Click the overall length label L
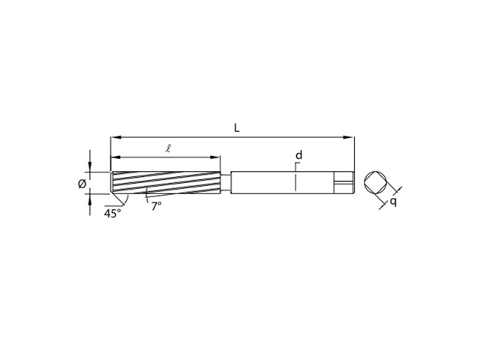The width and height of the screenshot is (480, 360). pos(237,128)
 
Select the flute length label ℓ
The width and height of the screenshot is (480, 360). pos(168,148)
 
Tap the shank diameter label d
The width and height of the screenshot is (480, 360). pos(298,155)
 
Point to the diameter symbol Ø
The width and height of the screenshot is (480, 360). pos(82,184)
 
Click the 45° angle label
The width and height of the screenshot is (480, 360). pos(112,213)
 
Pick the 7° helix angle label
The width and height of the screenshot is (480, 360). pos(156,206)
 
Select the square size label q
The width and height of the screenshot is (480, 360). pos(393,202)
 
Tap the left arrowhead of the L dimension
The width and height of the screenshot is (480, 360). pos(115,137)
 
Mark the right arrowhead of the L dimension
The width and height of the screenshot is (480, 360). pos(349,137)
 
